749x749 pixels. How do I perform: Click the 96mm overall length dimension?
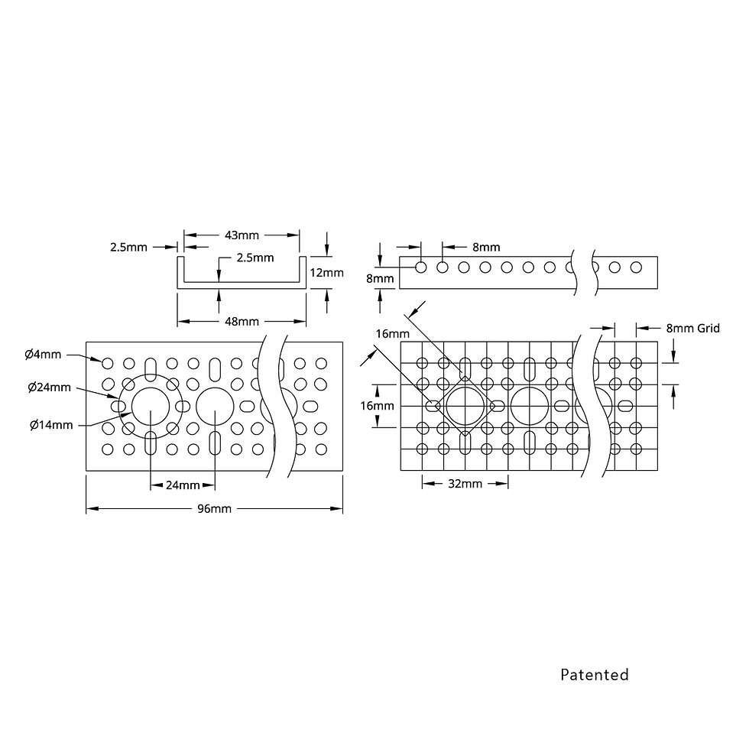[215, 509]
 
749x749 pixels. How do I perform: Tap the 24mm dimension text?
[183, 485]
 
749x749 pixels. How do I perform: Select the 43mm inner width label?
[242, 235]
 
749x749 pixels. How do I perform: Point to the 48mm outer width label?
[242, 322]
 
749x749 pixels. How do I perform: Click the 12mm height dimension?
[327, 273]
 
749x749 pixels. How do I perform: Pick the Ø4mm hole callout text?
[43, 355]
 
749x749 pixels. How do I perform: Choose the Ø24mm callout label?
[49, 387]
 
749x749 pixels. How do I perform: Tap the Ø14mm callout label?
[51, 425]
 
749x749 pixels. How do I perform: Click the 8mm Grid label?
[692, 329]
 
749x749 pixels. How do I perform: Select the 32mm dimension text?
[465, 484]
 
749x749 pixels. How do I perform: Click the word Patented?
[595, 674]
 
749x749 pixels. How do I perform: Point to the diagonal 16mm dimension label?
[393, 334]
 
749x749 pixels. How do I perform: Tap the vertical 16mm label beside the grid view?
[377, 406]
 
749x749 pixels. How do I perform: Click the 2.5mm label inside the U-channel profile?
[255, 258]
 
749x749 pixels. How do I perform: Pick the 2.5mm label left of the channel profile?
[128, 248]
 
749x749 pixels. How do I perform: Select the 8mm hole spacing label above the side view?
[486, 248]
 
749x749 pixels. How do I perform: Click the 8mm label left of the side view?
[380, 278]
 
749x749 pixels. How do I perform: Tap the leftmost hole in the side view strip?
[421, 267]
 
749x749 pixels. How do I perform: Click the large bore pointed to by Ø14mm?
[151, 406]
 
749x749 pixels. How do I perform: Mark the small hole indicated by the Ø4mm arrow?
[108, 364]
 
